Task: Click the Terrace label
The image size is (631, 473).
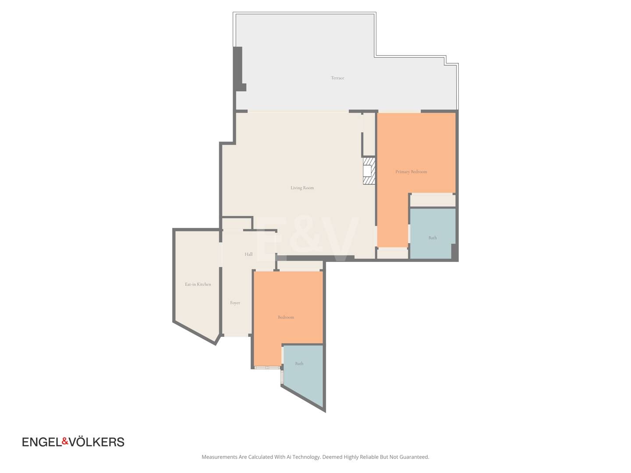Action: pyautogui.click(x=337, y=78)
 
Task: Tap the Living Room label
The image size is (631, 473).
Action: pyautogui.click(x=302, y=188)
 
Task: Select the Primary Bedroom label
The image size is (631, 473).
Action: pyautogui.click(x=411, y=172)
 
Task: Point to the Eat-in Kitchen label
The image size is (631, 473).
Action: pyautogui.click(x=198, y=284)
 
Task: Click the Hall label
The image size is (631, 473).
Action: pyautogui.click(x=248, y=254)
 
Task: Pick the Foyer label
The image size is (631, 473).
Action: pyautogui.click(x=235, y=303)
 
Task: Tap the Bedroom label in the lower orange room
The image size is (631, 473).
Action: pyautogui.click(x=286, y=317)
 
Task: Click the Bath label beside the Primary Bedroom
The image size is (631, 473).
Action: pyautogui.click(x=432, y=237)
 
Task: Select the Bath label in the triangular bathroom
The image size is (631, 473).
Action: pyautogui.click(x=299, y=364)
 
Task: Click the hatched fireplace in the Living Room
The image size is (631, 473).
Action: pyautogui.click(x=369, y=171)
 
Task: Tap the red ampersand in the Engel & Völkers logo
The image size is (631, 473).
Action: pyautogui.click(x=65, y=441)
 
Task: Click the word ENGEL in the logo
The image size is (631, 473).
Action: pyautogui.click(x=42, y=442)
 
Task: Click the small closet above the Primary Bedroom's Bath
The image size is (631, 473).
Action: pyautogui.click(x=432, y=200)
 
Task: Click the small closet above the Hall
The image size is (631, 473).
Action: pyautogui.click(x=237, y=224)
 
